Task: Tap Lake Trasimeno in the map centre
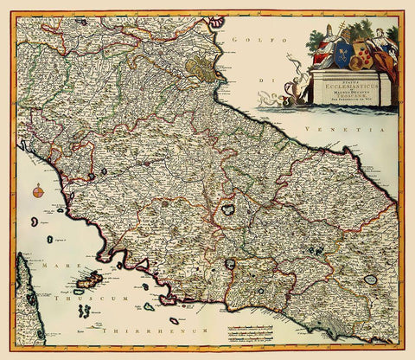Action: pos(230,209)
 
